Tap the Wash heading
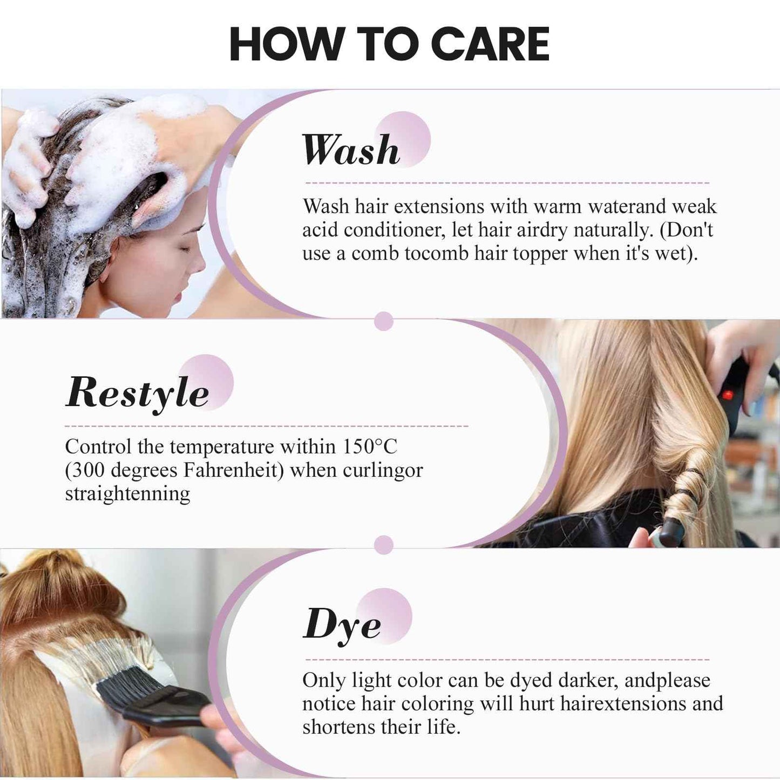351,150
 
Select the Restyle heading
137,392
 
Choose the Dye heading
342,625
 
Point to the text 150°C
370,447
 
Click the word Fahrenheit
233,470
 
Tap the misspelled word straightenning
127,493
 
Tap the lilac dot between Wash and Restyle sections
383,321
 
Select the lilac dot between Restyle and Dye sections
383,545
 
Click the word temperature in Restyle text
222,447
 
